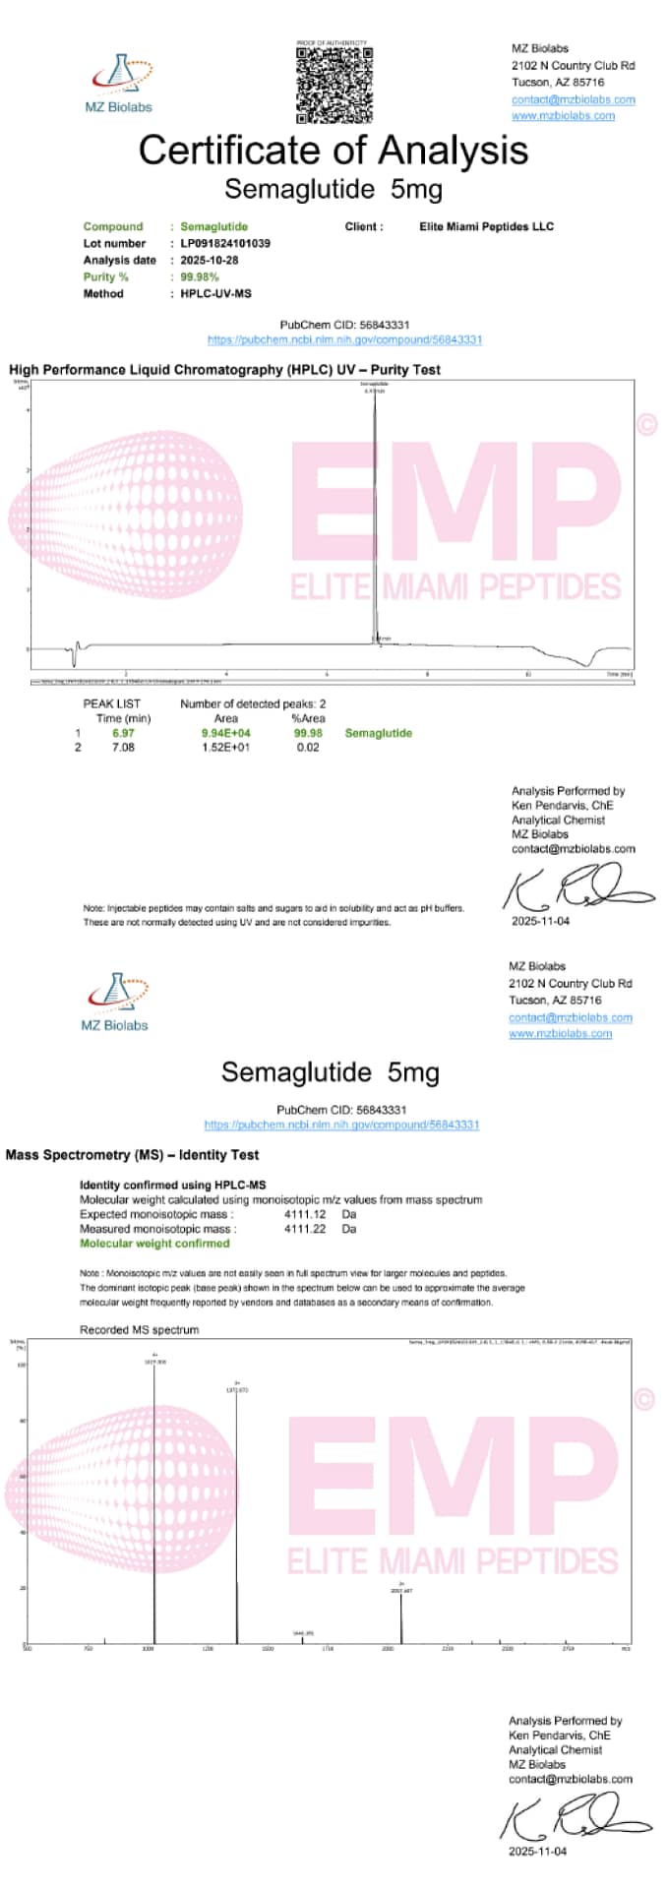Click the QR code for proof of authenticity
click(x=334, y=85)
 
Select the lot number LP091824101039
click(x=225, y=243)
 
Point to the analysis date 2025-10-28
click(x=210, y=260)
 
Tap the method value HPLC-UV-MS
click(x=215, y=293)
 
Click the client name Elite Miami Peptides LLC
click(x=486, y=226)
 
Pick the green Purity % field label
click(x=105, y=276)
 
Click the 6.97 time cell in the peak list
click(x=123, y=733)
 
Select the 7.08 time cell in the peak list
click(x=123, y=747)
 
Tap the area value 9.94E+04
click(x=225, y=733)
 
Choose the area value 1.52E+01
click(x=225, y=747)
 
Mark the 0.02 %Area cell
click(x=308, y=747)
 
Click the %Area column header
click(x=308, y=718)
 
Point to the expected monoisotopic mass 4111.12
click(x=305, y=1214)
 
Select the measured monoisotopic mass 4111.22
click(x=305, y=1229)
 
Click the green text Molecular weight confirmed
click(x=154, y=1244)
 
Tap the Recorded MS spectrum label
click(x=139, y=1329)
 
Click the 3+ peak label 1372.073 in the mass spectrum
click(x=237, y=1389)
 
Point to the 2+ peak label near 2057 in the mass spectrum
click(x=401, y=1590)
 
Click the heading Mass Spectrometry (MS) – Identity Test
click(x=132, y=1154)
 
